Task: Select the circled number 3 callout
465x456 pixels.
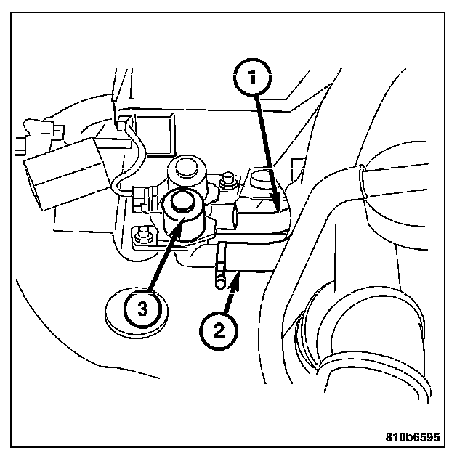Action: pyautogui.click(x=143, y=309)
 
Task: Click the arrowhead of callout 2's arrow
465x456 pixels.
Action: pyautogui.click(x=233, y=283)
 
